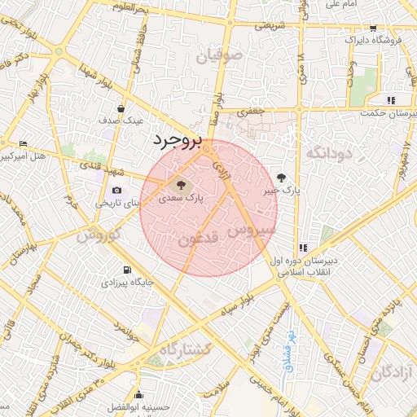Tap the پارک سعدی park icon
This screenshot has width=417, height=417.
click(x=179, y=182)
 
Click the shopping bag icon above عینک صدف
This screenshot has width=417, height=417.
click(x=121, y=108)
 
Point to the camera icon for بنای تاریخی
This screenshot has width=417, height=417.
click(x=117, y=191)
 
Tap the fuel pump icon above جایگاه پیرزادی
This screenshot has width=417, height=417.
click(x=126, y=270)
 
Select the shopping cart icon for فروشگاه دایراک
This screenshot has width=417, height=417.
click(x=373, y=28)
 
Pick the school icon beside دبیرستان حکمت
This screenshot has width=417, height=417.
click(x=392, y=100)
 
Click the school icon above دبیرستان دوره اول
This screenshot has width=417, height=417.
click(x=303, y=247)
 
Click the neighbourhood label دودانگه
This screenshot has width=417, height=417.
click(x=329, y=152)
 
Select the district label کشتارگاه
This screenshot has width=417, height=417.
click(x=186, y=349)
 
